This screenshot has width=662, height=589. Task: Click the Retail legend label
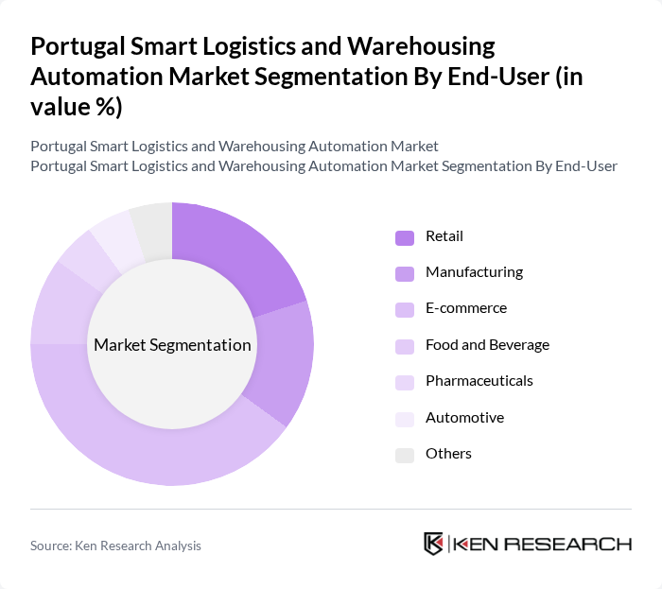pyautogui.click(x=444, y=236)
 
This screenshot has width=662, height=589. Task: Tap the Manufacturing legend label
pyautogui.click(x=474, y=272)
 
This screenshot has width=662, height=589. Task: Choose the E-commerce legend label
pyautogui.click(x=465, y=308)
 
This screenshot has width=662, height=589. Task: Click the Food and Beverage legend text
pyautogui.click(x=487, y=345)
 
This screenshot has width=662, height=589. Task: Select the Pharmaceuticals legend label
pyautogui.click(x=479, y=381)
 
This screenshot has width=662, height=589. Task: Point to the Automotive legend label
pyautogui.click(x=464, y=418)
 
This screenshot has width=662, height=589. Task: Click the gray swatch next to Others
pyautogui.click(x=404, y=455)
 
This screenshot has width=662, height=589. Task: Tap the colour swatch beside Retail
pyautogui.click(x=404, y=237)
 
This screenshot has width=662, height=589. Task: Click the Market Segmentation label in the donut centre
pyautogui.click(x=172, y=345)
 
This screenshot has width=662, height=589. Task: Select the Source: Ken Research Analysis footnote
pyautogui.click(x=115, y=546)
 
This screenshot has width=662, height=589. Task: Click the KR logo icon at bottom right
pyautogui.click(x=434, y=544)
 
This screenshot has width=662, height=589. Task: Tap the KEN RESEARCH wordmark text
pyautogui.click(x=543, y=544)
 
